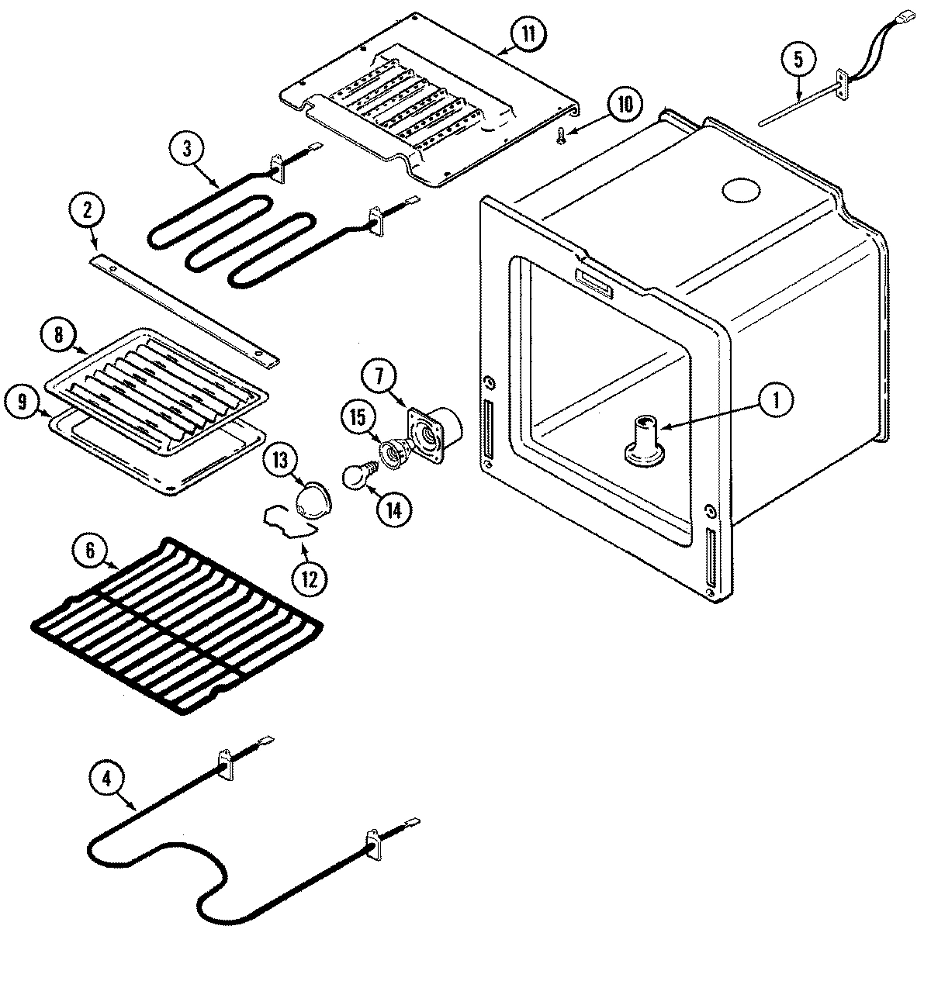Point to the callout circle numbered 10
coord(625,105)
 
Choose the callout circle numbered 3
coord(187,150)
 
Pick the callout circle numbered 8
coord(59,335)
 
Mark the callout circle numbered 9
coord(22,402)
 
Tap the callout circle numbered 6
coord(91,550)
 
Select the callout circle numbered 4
coord(109,778)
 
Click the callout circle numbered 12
coord(310,578)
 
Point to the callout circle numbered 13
coord(279,460)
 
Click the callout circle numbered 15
coord(358,416)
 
